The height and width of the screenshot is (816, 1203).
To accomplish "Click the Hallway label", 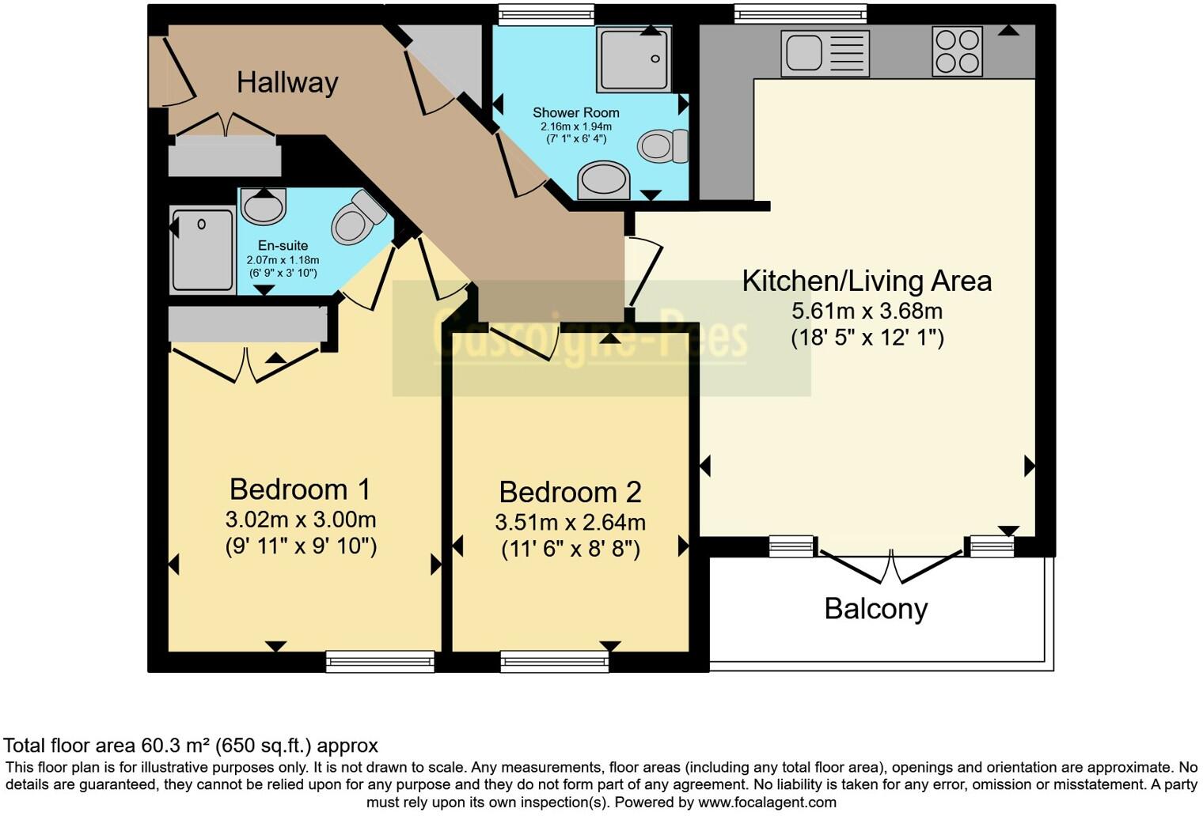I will [287, 82].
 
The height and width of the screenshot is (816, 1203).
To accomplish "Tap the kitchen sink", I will [825, 53].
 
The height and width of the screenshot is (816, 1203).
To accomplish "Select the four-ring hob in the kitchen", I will [957, 52].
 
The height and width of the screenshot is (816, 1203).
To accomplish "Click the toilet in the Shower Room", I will [662, 146].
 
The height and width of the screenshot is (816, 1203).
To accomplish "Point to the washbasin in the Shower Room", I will [604, 179].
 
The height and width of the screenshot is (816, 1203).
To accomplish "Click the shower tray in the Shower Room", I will [634, 59].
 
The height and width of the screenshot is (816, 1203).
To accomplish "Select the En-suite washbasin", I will [263, 206].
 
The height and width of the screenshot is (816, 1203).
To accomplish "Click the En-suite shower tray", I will [203, 249].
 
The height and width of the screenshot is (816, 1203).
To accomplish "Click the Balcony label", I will [875, 609].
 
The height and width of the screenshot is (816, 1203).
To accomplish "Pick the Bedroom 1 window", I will [380, 661].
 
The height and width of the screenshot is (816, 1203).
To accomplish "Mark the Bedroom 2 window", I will [554, 661].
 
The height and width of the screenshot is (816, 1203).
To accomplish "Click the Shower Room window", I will [546, 14].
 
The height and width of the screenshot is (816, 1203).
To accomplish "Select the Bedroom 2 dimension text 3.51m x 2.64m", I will [570, 523].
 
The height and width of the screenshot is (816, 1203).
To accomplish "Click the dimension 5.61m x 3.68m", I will [867, 311].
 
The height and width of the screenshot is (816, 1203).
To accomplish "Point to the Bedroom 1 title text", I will [300, 489].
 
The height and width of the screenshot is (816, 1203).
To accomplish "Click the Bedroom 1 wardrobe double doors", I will [245, 364].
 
